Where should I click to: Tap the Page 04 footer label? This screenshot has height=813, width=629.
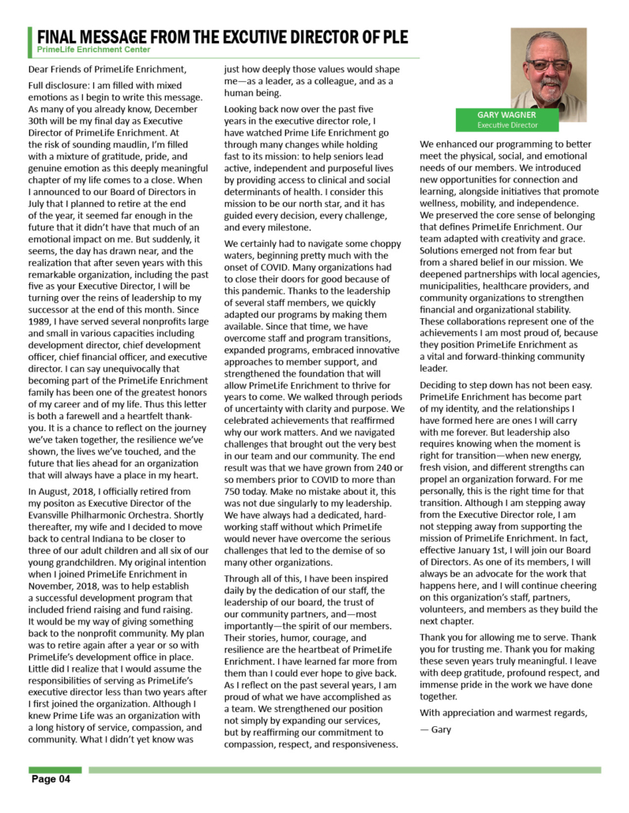[51, 780]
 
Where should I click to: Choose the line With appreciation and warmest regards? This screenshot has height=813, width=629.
[503, 714]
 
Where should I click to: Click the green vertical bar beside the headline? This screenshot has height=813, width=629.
[31, 40]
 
